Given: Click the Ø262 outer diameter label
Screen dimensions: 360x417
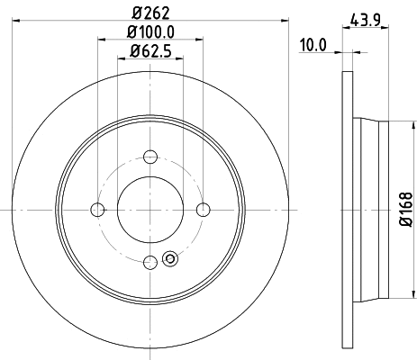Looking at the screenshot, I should click(x=150, y=13).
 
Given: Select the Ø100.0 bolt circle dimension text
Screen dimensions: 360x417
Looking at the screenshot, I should click(x=150, y=34).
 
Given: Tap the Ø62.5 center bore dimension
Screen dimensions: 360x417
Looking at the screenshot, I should click(x=150, y=52).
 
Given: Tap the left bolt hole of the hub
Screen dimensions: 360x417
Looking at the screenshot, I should click(x=97, y=210).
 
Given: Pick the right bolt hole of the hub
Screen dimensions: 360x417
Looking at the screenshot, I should click(x=203, y=210).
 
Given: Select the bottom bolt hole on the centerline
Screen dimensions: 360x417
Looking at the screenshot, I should click(x=150, y=262).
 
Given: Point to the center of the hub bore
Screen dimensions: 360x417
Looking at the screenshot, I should click(x=150, y=210).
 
